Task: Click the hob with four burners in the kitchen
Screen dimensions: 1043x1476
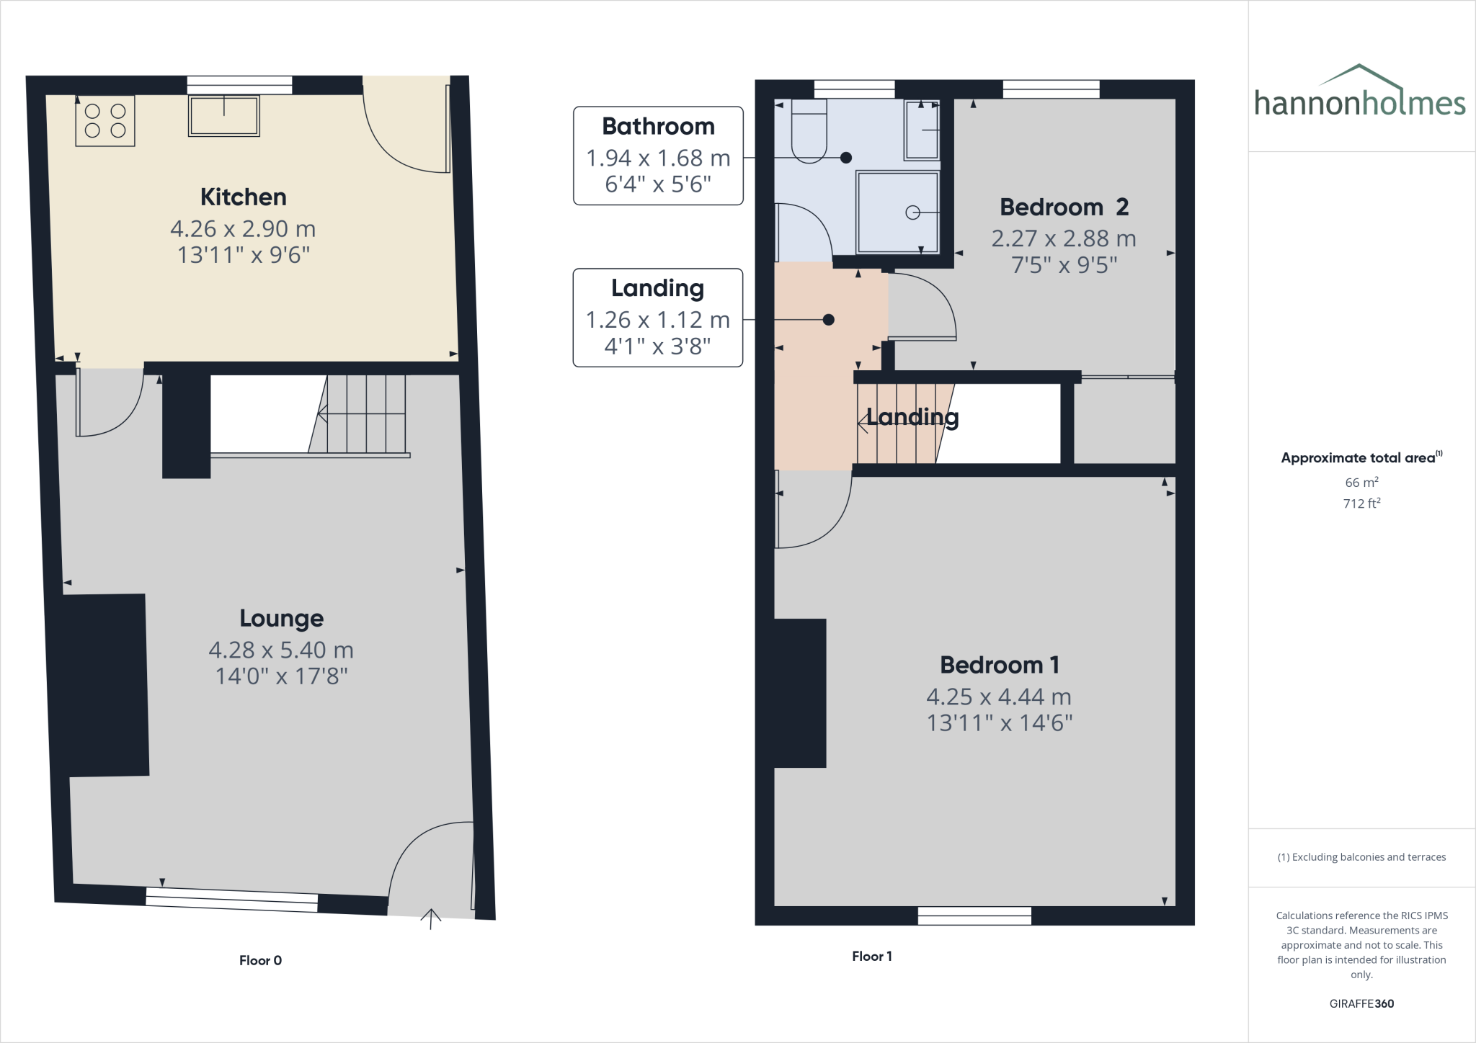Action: click(x=105, y=121)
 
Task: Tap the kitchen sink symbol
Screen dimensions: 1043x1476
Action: click(x=223, y=116)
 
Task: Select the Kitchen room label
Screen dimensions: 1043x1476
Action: click(x=243, y=197)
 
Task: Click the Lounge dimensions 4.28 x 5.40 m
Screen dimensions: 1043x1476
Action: click(x=281, y=650)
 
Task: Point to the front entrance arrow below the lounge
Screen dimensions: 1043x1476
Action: click(x=431, y=918)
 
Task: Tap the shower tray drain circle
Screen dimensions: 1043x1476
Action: click(x=912, y=212)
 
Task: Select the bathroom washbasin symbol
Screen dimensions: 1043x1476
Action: click(x=922, y=130)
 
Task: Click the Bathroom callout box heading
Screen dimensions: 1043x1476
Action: click(x=658, y=127)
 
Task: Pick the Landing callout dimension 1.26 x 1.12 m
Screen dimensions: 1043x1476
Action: click(x=657, y=319)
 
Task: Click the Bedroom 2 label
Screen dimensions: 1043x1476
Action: click(x=1064, y=207)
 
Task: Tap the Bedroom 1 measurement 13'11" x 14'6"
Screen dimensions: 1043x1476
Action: click(x=999, y=722)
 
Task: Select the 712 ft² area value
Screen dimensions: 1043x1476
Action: click(x=1361, y=503)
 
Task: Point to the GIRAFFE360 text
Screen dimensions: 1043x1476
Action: click(x=1361, y=1003)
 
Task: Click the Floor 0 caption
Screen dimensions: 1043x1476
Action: click(x=260, y=960)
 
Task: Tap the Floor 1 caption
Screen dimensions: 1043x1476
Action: click(x=871, y=956)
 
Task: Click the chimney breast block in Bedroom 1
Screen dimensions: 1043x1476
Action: click(x=800, y=693)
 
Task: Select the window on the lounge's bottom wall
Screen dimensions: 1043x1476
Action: click(x=231, y=900)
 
